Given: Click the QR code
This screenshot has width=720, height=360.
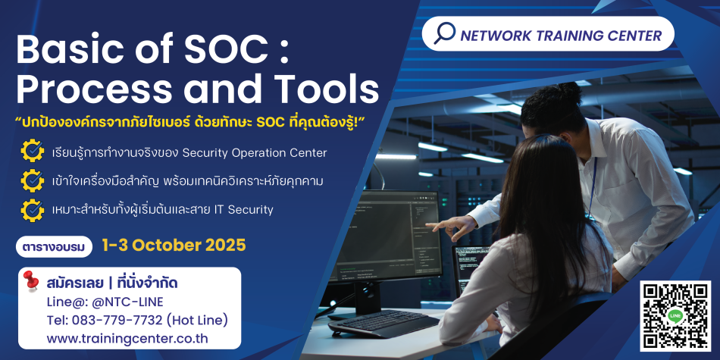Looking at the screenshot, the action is (675, 316).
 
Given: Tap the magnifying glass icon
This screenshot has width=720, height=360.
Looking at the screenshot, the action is (444, 33).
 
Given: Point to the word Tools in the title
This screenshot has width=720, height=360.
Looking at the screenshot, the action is (327, 89).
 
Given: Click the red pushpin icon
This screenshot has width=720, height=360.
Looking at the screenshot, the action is (31, 280).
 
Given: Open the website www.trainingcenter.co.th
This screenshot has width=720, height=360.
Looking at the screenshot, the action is (127, 339).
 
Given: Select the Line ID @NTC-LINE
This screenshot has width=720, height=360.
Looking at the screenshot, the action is (115, 302).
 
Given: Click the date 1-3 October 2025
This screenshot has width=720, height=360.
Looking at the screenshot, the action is (174, 246).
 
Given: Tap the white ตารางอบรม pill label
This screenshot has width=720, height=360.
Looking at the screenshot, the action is (54, 247).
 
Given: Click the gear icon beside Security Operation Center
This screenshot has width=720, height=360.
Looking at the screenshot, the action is (33, 152).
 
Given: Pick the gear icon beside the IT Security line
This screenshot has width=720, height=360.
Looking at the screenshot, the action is (33, 210).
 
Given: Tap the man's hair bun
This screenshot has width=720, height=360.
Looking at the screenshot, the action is (569, 92).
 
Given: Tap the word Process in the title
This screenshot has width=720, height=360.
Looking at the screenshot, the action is (92, 89).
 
